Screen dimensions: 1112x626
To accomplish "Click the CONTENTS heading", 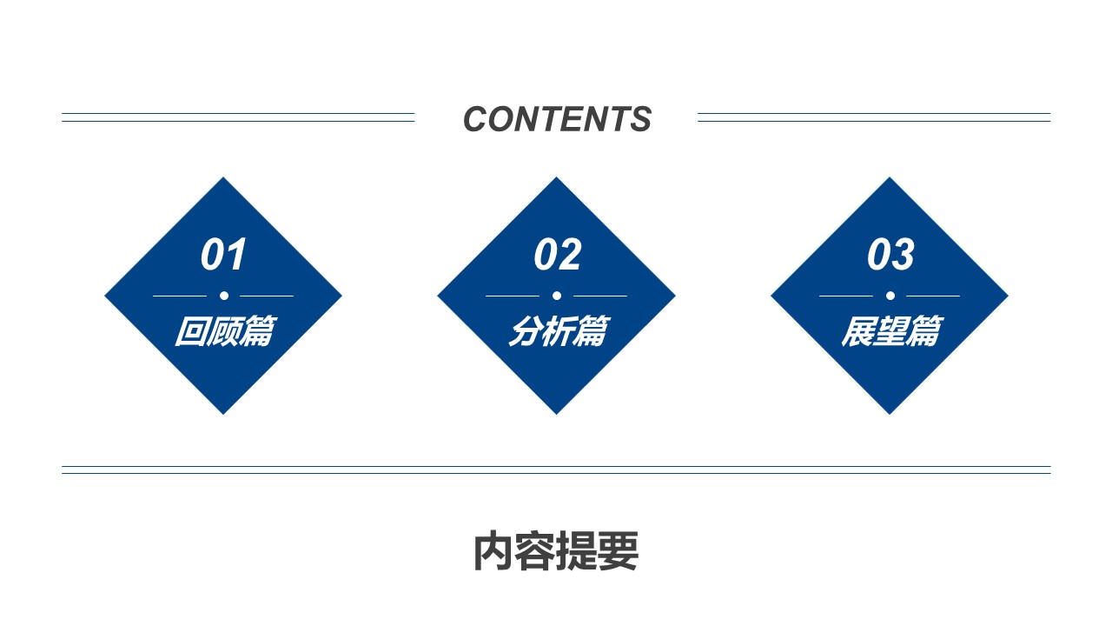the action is click(x=557, y=119).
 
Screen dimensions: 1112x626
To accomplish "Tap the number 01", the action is click(x=223, y=255).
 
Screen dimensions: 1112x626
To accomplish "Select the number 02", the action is click(x=557, y=255).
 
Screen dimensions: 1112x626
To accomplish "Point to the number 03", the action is click(x=890, y=255).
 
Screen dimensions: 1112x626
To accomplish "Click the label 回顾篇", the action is click(x=225, y=331).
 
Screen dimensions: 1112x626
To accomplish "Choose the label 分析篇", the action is click(x=559, y=331).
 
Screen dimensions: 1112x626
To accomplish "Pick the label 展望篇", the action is click(x=892, y=331).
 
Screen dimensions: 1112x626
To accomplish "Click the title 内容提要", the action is click(x=556, y=551).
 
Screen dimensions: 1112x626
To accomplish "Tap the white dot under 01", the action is click(x=224, y=296).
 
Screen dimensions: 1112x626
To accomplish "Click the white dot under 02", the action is click(x=557, y=296).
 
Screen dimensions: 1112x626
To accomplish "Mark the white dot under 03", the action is click(x=890, y=296).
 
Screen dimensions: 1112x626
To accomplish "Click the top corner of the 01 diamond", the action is click(x=223, y=176).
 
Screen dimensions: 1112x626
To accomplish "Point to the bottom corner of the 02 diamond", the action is click(x=557, y=415).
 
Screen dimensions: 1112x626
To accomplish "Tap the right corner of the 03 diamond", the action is click(x=1009, y=296).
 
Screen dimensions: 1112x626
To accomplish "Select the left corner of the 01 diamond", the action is click(x=104, y=296).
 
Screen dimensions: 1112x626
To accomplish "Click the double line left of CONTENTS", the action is click(x=238, y=117).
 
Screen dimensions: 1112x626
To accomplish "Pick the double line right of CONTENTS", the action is click(x=874, y=117).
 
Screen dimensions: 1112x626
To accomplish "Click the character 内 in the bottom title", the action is click(x=493, y=551).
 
